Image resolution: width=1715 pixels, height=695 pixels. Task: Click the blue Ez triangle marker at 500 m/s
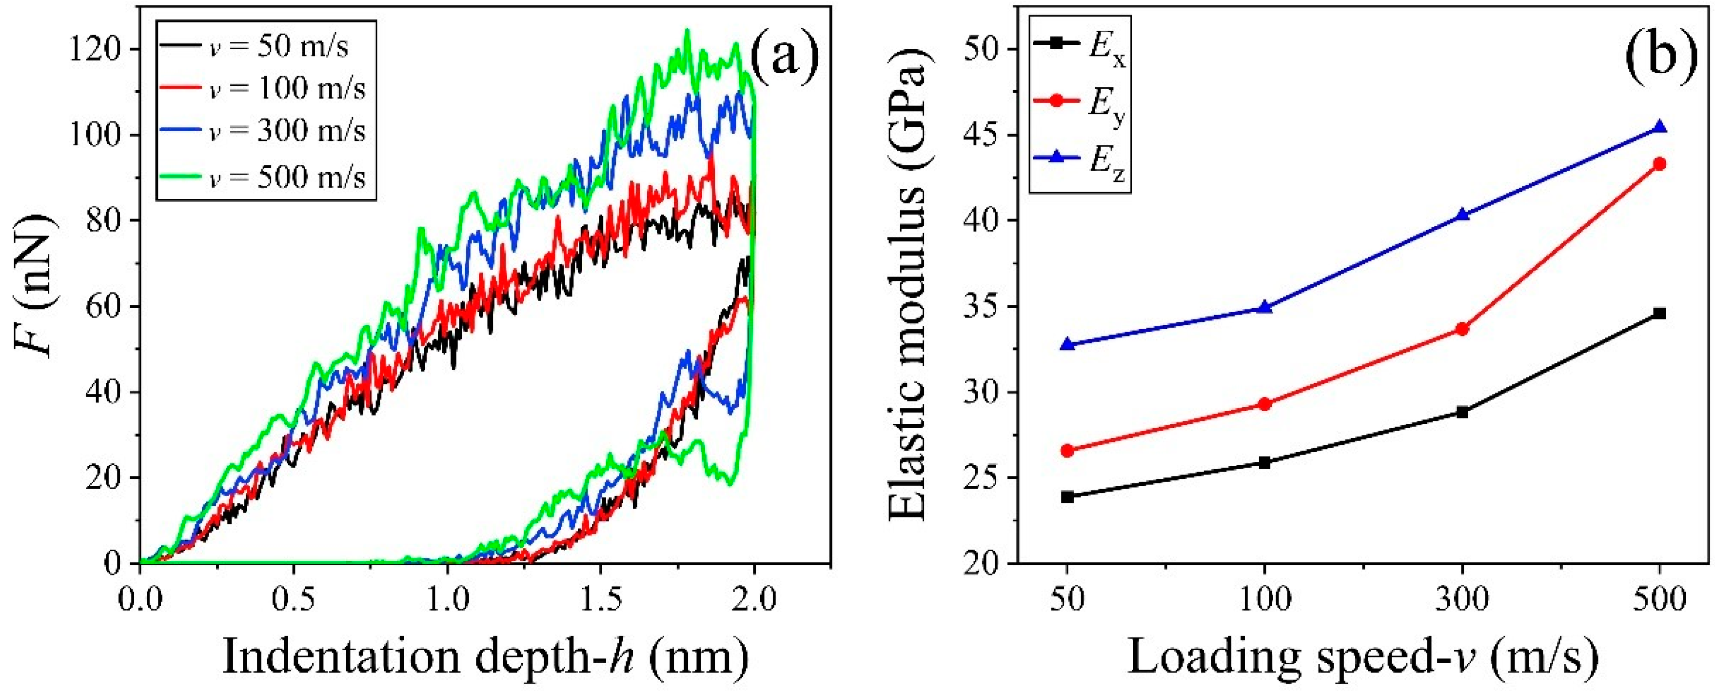pyautogui.click(x=1660, y=127)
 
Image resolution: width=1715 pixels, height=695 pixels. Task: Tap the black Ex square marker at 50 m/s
pyautogui.click(x=1067, y=496)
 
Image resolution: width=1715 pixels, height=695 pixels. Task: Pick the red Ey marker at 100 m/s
pyautogui.click(x=1265, y=404)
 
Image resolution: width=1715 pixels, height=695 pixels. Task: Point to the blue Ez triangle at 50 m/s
pyautogui.click(x=1067, y=344)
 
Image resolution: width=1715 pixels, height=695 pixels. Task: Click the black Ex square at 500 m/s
pyautogui.click(x=1660, y=314)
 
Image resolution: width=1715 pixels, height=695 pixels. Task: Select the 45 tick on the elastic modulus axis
pyautogui.click(x=986, y=135)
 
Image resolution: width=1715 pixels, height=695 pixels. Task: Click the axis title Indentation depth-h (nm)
pyautogui.click(x=486, y=658)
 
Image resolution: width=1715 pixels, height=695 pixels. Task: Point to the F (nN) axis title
pyautogui.click(x=35, y=286)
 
